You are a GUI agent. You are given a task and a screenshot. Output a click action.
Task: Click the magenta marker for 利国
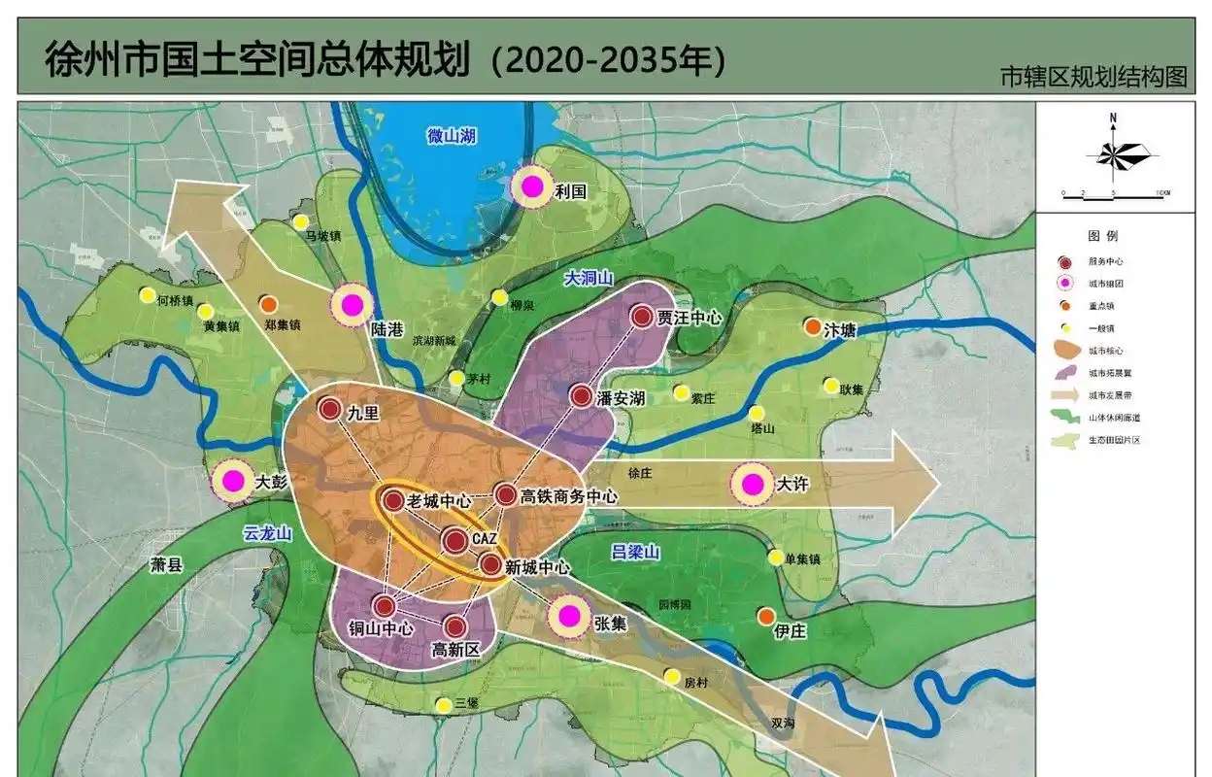click(532, 186)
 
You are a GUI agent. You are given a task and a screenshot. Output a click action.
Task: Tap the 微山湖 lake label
click(451, 136)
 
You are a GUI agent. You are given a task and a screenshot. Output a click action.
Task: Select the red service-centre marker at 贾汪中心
click(642, 316)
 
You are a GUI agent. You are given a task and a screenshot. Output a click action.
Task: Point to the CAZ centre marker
click(455, 540)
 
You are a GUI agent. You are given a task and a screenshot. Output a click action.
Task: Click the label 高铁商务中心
click(568, 496)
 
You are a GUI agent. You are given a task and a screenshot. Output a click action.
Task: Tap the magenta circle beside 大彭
click(233, 480)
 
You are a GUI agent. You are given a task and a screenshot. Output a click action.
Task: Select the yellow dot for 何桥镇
click(147, 294)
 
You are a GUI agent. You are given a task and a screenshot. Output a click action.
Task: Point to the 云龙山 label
click(268, 533)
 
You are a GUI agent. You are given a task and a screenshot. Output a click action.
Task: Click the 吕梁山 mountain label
click(635, 552)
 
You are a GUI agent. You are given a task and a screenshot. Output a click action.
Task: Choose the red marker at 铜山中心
click(384, 606)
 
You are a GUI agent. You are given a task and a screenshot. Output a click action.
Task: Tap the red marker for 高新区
click(454, 626)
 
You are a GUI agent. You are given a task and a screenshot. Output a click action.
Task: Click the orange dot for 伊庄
click(766, 616)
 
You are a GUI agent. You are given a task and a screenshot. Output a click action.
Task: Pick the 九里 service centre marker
click(329, 411)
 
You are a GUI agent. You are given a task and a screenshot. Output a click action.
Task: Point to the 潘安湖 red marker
click(580, 395)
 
